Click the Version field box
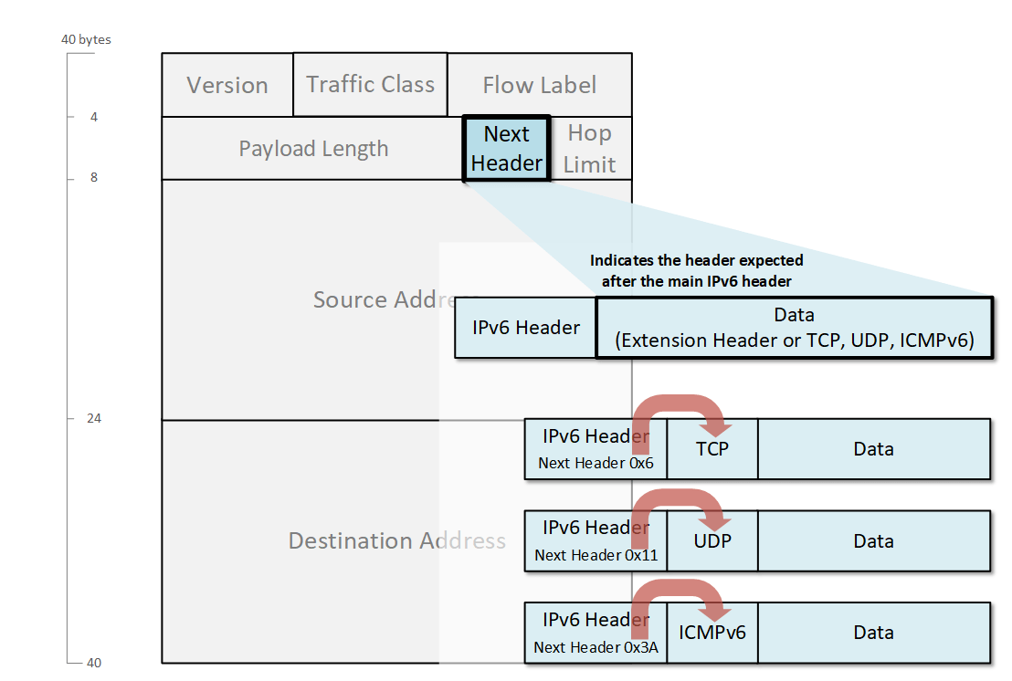pyautogui.click(x=227, y=85)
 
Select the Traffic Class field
pyautogui.click(x=370, y=84)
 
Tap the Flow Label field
pyautogui.click(x=539, y=85)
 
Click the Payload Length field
pyautogui.click(x=313, y=149)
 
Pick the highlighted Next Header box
pyautogui.click(x=507, y=148)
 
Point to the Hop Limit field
pyautogui.click(x=589, y=149)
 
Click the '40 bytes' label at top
pyautogui.click(x=86, y=40)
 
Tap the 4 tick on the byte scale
pyautogui.click(x=93, y=117)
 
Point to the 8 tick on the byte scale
pyautogui.click(x=93, y=178)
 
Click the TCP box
pyautogui.click(x=712, y=449)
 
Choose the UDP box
pyautogui.click(x=712, y=540)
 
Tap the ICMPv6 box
pyautogui.click(x=712, y=632)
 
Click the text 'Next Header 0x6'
pyautogui.click(x=596, y=464)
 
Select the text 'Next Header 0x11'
pyautogui.click(x=596, y=555)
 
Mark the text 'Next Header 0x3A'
pyautogui.click(x=596, y=647)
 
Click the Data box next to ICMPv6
pyautogui.click(x=873, y=632)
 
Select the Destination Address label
pyautogui.click(x=396, y=540)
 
